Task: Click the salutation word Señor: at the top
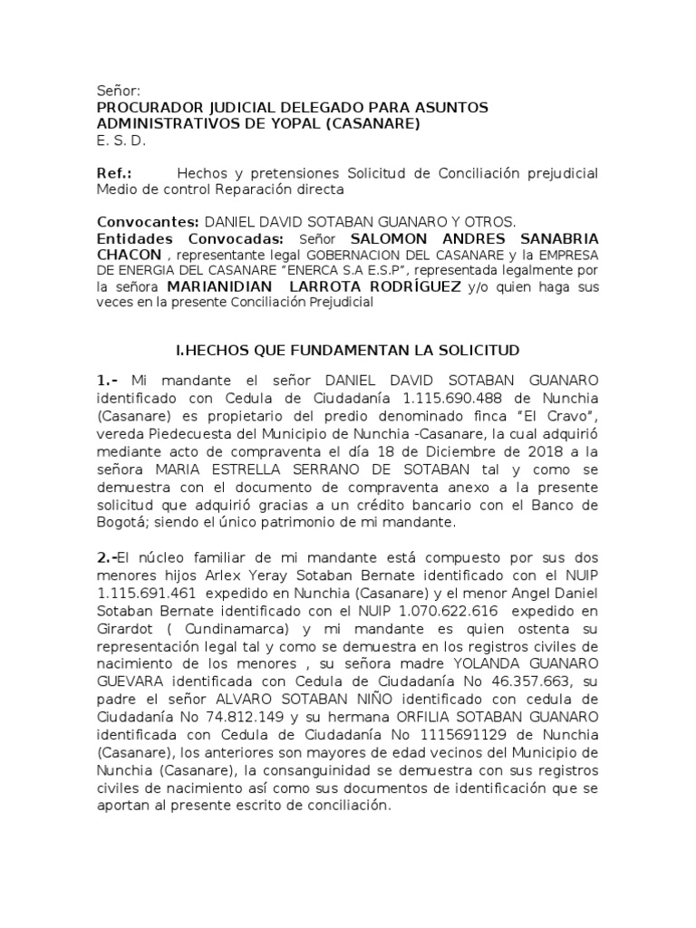click(x=119, y=91)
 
